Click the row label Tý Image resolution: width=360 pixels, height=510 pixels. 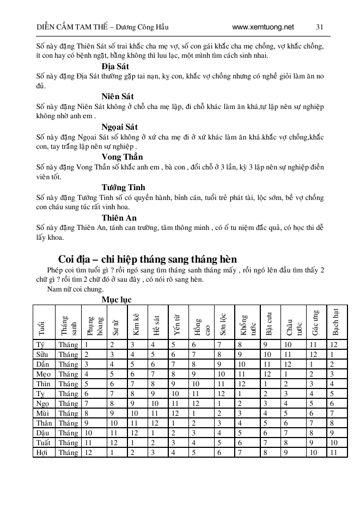[x=40, y=345]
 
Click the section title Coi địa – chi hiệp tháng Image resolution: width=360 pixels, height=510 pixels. [x=147, y=259]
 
